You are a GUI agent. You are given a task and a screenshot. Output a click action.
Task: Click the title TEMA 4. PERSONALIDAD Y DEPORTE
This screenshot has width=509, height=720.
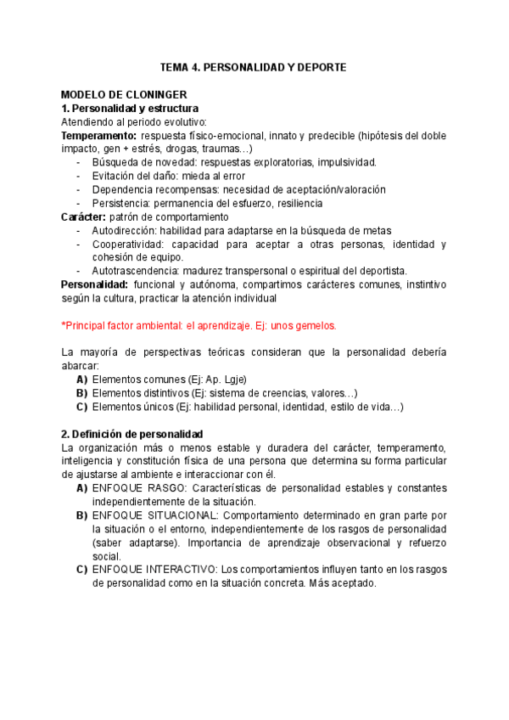(x=254, y=67)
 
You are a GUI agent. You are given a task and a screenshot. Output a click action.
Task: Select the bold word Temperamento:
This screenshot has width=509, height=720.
(x=98, y=135)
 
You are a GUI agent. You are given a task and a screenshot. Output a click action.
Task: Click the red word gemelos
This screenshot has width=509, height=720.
(x=316, y=325)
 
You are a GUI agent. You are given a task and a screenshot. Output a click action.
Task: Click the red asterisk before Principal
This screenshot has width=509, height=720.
(x=64, y=324)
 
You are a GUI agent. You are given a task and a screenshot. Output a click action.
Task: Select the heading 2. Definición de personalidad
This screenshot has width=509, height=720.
(x=132, y=434)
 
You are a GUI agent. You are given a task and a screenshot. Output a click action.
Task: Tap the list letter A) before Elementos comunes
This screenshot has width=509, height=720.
(x=82, y=380)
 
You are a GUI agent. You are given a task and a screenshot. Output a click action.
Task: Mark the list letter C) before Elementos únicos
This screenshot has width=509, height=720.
(x=82, y=407)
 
